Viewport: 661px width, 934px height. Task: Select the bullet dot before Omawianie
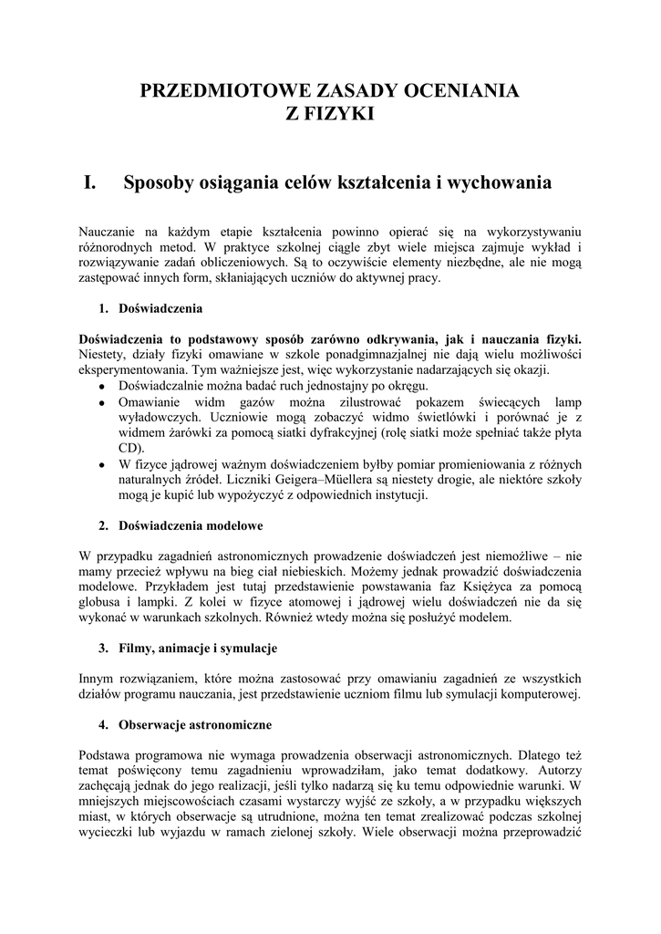pos(101,403)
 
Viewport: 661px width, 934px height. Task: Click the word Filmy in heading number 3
pos(136,649)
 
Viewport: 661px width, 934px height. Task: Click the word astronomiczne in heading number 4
pos(223,725)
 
